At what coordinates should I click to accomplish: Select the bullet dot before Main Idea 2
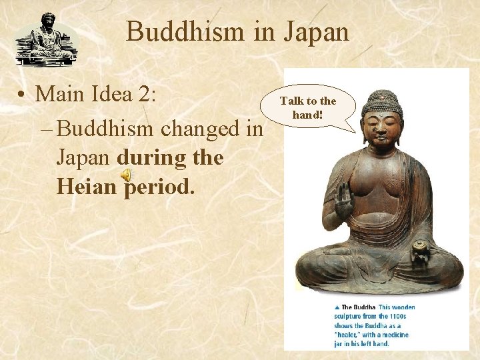[23, 95]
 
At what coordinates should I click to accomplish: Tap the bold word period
[159, 187]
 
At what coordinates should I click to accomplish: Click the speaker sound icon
[127, 175]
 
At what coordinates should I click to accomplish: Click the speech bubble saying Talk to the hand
[308, 107]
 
